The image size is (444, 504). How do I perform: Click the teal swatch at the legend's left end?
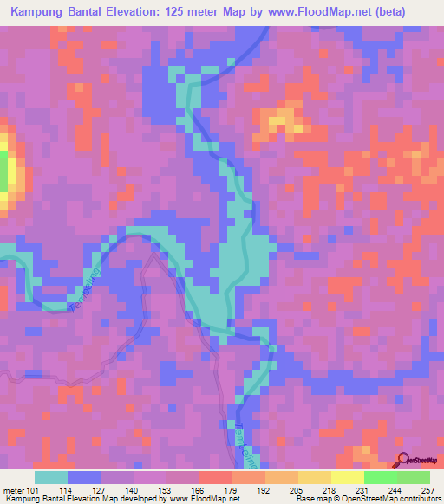[51, 477]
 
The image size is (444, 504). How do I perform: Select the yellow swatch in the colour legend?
[347, 477]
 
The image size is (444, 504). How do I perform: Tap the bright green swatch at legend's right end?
[413, 477]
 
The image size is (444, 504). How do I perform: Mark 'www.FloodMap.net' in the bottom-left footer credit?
[189, 500]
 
